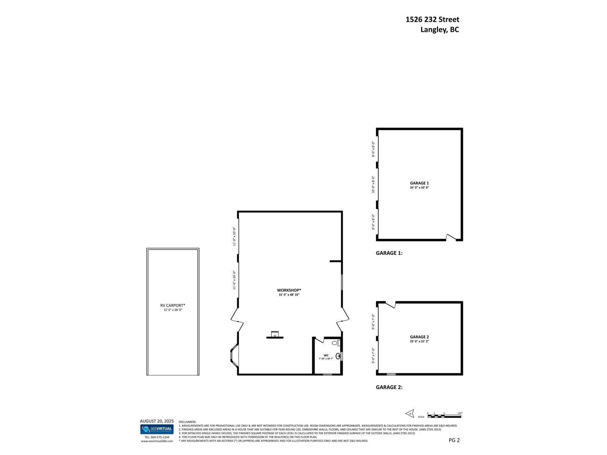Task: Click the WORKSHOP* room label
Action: (x=289, y=290)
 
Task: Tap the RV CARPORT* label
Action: (x=173, y=305)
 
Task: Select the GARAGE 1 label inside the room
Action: (x=419, y=183)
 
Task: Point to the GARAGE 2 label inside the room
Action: (x=419, y=337)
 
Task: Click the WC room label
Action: (x=326, y=355)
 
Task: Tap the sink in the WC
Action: (x=338, y=356)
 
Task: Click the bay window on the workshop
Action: (x=234, y=356)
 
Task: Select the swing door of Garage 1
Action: (x=451, y=238)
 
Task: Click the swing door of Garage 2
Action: (x=391, y=304)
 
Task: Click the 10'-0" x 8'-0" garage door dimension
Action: (x=373, y=184)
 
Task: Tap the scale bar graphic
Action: (x=444, y=416)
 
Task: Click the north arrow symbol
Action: (x=410, y=413)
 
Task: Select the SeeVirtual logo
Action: (x=157, y=429)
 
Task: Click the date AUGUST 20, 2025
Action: (x=157, y=421)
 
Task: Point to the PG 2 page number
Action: (x=454, y=440)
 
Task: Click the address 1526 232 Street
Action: (x=432, y=19)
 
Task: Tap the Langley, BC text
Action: (x=439, y=30)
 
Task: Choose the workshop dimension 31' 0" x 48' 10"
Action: (x=289, y=295)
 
